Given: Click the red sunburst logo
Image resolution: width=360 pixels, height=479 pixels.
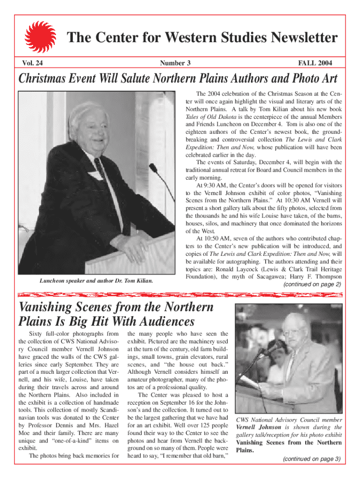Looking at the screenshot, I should (x=40, y=36).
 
